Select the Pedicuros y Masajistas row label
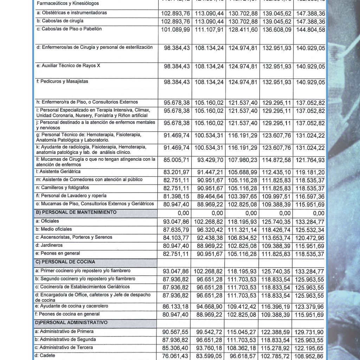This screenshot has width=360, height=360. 62,81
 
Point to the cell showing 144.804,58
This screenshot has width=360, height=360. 310,30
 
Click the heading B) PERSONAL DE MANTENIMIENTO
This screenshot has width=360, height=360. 76,212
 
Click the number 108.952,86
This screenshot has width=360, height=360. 310,356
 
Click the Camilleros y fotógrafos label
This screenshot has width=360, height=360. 63,187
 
